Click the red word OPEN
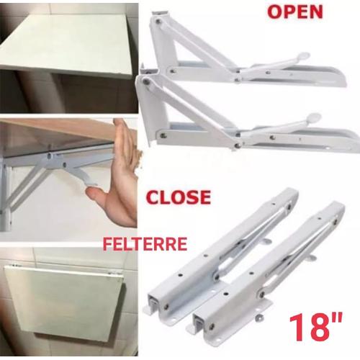click(294, 12)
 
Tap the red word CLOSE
click(178, 197)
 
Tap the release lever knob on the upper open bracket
click(303, 56)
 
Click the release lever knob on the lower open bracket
click(315, 116)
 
